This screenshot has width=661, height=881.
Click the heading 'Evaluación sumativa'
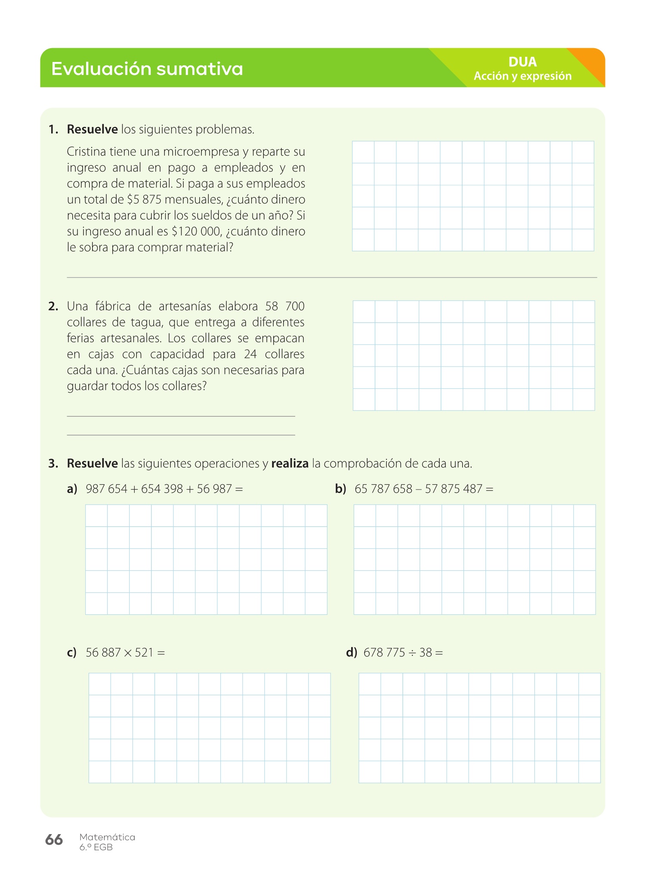point(147,69)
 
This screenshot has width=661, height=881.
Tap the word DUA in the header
point(522,62)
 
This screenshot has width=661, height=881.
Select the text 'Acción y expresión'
point(522,76)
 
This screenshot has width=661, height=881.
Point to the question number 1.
point(53,129)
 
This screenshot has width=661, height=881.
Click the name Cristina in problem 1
point(86,152)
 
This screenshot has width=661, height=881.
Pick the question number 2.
point(53,306)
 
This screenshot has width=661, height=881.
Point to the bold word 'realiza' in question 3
point(290,464)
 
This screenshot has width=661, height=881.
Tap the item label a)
point(72,489)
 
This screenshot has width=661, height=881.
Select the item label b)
point(340,489)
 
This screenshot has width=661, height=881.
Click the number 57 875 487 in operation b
point(453,489)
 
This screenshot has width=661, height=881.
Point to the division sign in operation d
point(412,653)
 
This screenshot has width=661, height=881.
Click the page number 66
point(54,840)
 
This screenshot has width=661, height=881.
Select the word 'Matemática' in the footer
point(107,837)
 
